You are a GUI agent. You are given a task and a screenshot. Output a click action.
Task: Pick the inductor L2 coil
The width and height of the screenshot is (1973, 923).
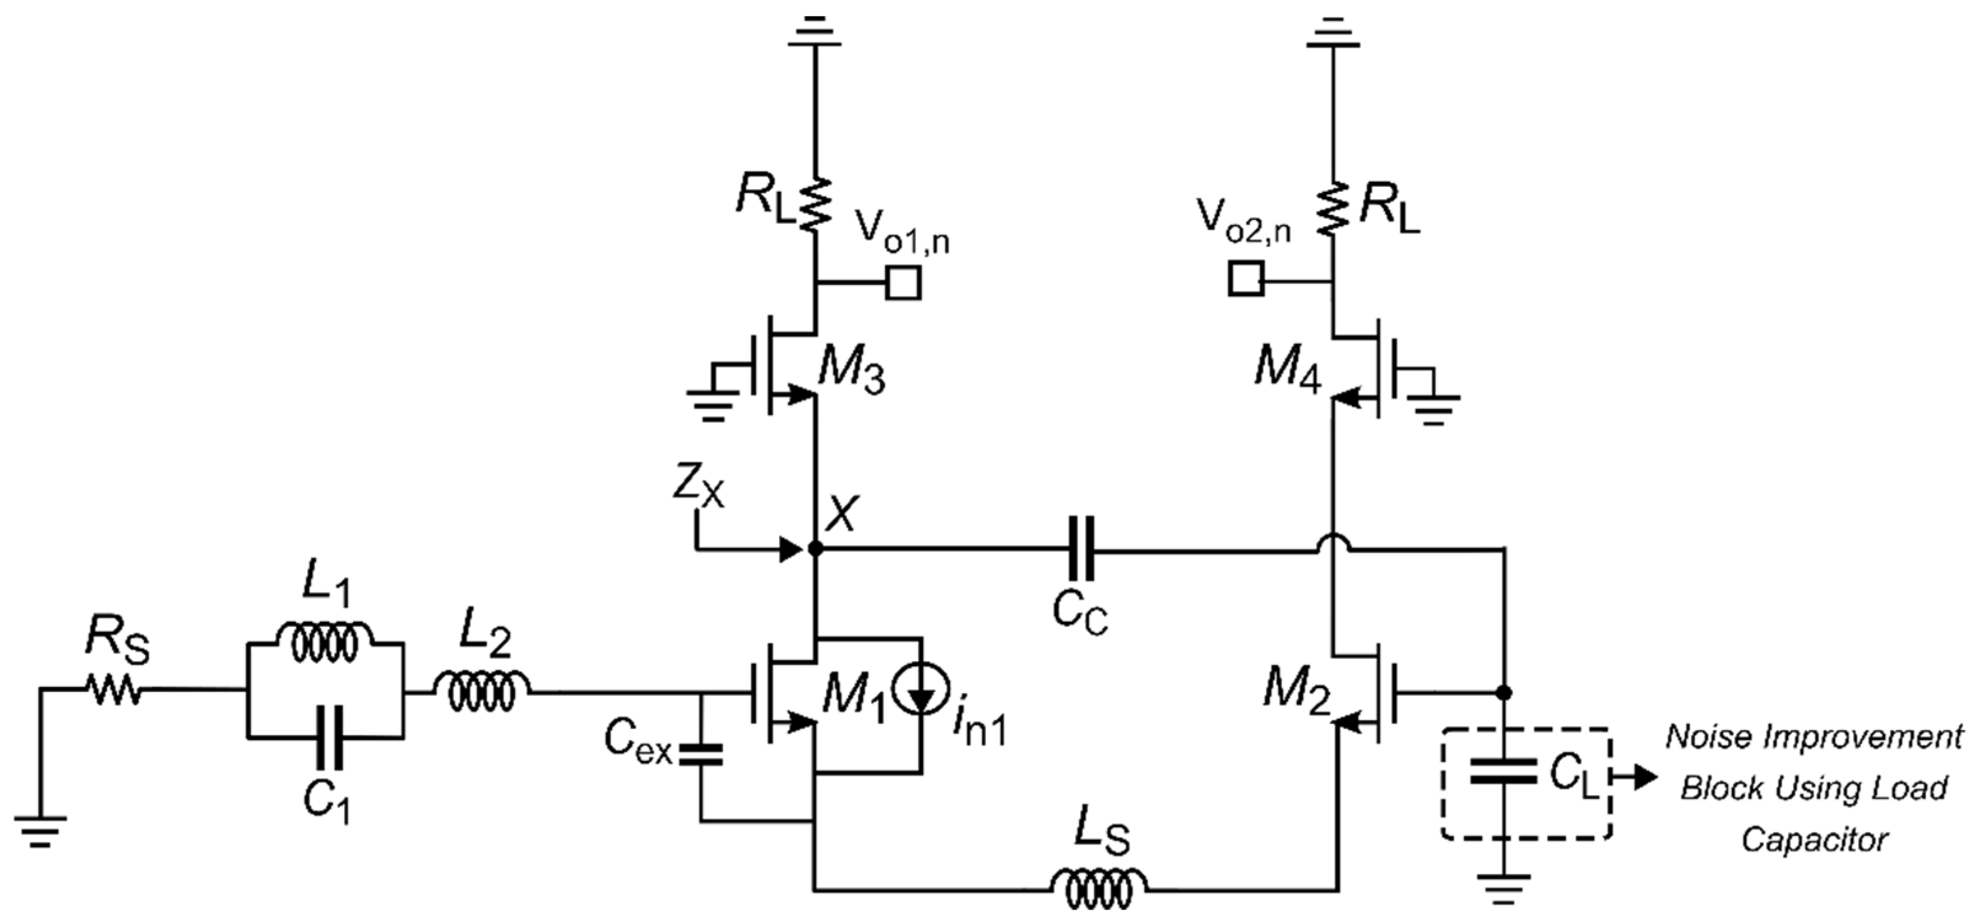(482, 693)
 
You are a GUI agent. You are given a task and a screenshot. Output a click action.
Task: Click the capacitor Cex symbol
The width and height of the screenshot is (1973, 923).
(700, 755)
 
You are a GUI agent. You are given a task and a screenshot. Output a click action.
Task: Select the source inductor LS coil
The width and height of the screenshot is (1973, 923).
(1098, 889)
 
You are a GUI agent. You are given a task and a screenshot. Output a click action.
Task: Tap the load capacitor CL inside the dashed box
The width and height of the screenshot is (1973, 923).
(1504, 771)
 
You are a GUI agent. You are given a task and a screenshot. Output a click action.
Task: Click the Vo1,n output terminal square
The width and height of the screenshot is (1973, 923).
(904, 283)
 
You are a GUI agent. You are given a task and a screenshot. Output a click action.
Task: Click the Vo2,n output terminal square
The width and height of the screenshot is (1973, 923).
(1246, 279)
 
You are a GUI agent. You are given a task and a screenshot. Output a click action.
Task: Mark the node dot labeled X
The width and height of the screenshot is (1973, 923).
(816, 548)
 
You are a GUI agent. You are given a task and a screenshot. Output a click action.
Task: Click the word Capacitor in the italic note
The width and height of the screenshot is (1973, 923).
(1814, 839)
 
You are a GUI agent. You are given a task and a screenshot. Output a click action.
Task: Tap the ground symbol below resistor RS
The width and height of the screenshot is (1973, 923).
(40, 830)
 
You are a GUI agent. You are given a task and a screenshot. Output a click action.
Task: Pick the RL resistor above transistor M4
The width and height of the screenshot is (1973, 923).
(1333, 209)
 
